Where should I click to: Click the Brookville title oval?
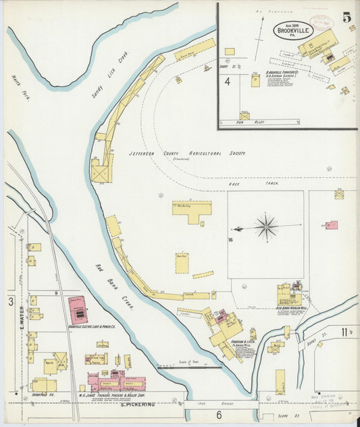pos(293,30)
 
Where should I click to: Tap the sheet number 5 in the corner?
pos(347,18)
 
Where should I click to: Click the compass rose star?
pos(266,226)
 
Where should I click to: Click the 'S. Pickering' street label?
pos(138,405)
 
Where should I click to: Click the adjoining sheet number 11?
pos(346,331)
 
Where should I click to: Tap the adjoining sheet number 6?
pos(219,414)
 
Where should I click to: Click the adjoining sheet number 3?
pos(10,301)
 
